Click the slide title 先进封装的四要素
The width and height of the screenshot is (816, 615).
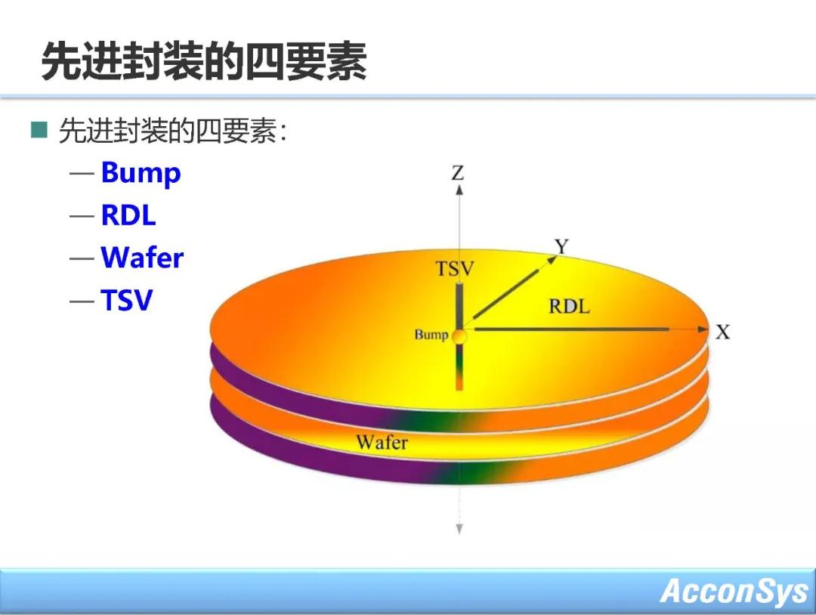204,61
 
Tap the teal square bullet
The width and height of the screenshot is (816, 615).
39,130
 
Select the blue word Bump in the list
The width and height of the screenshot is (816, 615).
141,173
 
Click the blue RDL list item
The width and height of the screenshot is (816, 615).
128,215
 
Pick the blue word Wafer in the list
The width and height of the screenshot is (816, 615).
142,257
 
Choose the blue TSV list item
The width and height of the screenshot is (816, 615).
127,300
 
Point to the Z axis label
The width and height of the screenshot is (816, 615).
457,173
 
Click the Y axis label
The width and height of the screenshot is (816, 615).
561,246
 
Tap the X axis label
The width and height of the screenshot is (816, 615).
723,332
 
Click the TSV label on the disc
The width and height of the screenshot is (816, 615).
455,269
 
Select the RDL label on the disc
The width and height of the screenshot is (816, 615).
570,306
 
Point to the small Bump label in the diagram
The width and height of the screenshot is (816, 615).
431,334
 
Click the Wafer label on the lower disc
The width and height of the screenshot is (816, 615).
382,442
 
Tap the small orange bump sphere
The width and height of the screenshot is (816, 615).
459,335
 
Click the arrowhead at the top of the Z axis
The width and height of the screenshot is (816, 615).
459,190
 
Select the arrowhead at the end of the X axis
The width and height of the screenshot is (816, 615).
703,329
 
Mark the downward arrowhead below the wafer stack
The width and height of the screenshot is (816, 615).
459,529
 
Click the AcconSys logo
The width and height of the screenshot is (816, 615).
734,591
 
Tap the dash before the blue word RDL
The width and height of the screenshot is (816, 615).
82,215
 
